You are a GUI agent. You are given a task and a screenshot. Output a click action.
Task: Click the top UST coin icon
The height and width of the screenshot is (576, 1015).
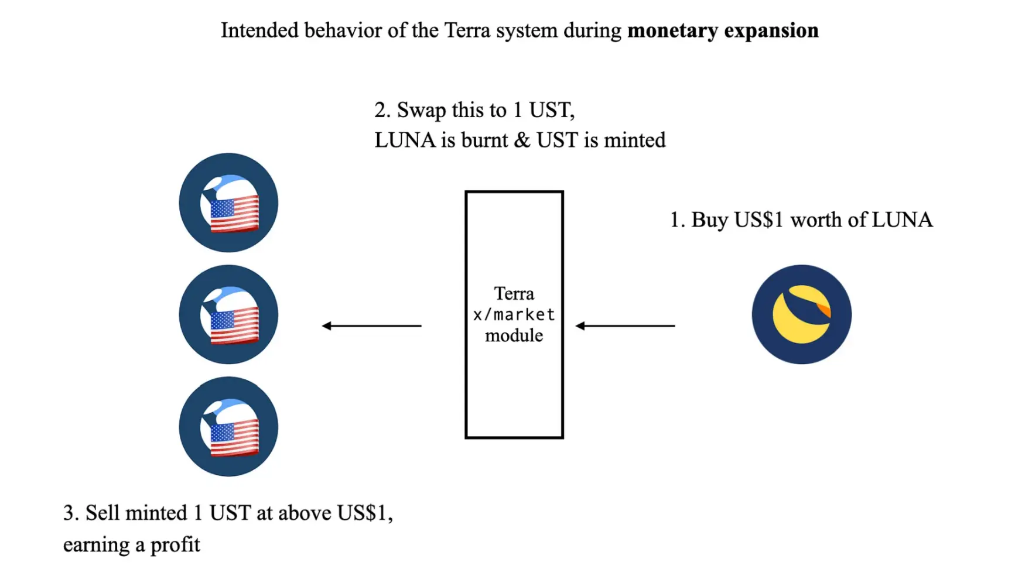(228, 203)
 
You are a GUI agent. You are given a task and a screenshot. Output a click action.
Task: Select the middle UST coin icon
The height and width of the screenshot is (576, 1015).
(228, 314)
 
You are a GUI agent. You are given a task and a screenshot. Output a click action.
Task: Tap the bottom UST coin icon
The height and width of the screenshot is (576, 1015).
(228, 426)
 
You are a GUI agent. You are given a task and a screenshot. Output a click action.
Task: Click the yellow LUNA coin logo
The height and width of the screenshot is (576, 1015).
(801, 314)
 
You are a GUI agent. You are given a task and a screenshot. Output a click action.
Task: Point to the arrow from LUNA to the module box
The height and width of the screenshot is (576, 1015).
(625, 325)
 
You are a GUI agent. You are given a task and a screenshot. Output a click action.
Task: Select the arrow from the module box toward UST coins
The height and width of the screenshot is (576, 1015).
(371, 325)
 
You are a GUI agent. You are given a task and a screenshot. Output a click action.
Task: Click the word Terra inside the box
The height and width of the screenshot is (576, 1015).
(514, 293)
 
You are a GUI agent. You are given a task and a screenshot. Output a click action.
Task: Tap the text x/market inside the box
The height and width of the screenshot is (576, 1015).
(514, 314)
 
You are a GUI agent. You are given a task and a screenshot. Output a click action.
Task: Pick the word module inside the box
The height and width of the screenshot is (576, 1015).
(514, 335)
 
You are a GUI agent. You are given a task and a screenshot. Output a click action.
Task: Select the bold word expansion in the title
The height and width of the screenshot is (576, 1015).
(771, 30)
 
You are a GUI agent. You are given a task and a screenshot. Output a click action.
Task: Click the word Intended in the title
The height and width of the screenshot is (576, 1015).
(259, 30)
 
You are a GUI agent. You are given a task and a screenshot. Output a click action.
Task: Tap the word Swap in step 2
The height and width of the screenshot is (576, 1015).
(422, 110)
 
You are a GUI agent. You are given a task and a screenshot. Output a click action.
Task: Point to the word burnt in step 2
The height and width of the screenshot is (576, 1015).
(484, 140)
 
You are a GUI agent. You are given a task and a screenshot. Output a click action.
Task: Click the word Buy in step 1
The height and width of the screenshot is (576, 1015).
(709, 220)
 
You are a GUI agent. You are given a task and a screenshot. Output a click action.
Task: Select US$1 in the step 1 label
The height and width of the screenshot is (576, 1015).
(758, 220)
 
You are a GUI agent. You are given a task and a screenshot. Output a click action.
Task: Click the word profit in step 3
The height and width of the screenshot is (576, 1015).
(175, 545)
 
